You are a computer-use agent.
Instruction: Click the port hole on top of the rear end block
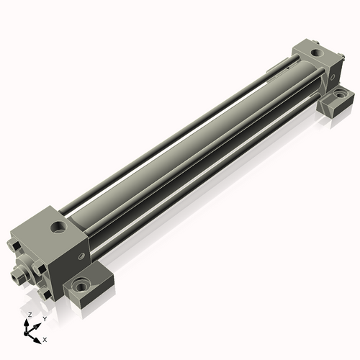point(316,53)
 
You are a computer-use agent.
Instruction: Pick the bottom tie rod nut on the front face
point(45,293)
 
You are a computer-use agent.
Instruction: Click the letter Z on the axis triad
point(29,315)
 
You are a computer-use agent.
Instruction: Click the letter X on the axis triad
point(45,338)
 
